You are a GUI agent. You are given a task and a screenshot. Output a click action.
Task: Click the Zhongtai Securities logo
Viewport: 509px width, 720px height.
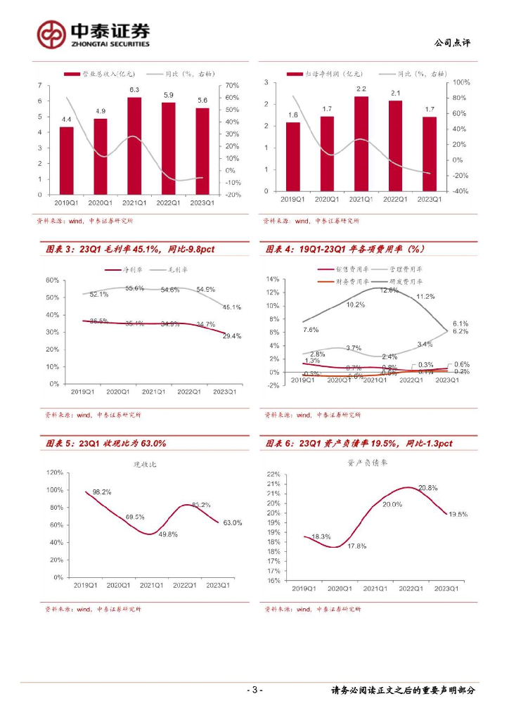[x=94, y=33]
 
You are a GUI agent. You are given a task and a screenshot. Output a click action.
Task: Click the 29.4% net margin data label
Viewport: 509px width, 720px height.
[x=232, y=336]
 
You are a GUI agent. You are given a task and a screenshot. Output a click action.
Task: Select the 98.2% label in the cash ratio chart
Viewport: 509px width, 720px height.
[x=103, y=492]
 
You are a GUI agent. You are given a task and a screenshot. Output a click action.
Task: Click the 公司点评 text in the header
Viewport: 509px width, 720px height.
[x=453, y=43]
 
